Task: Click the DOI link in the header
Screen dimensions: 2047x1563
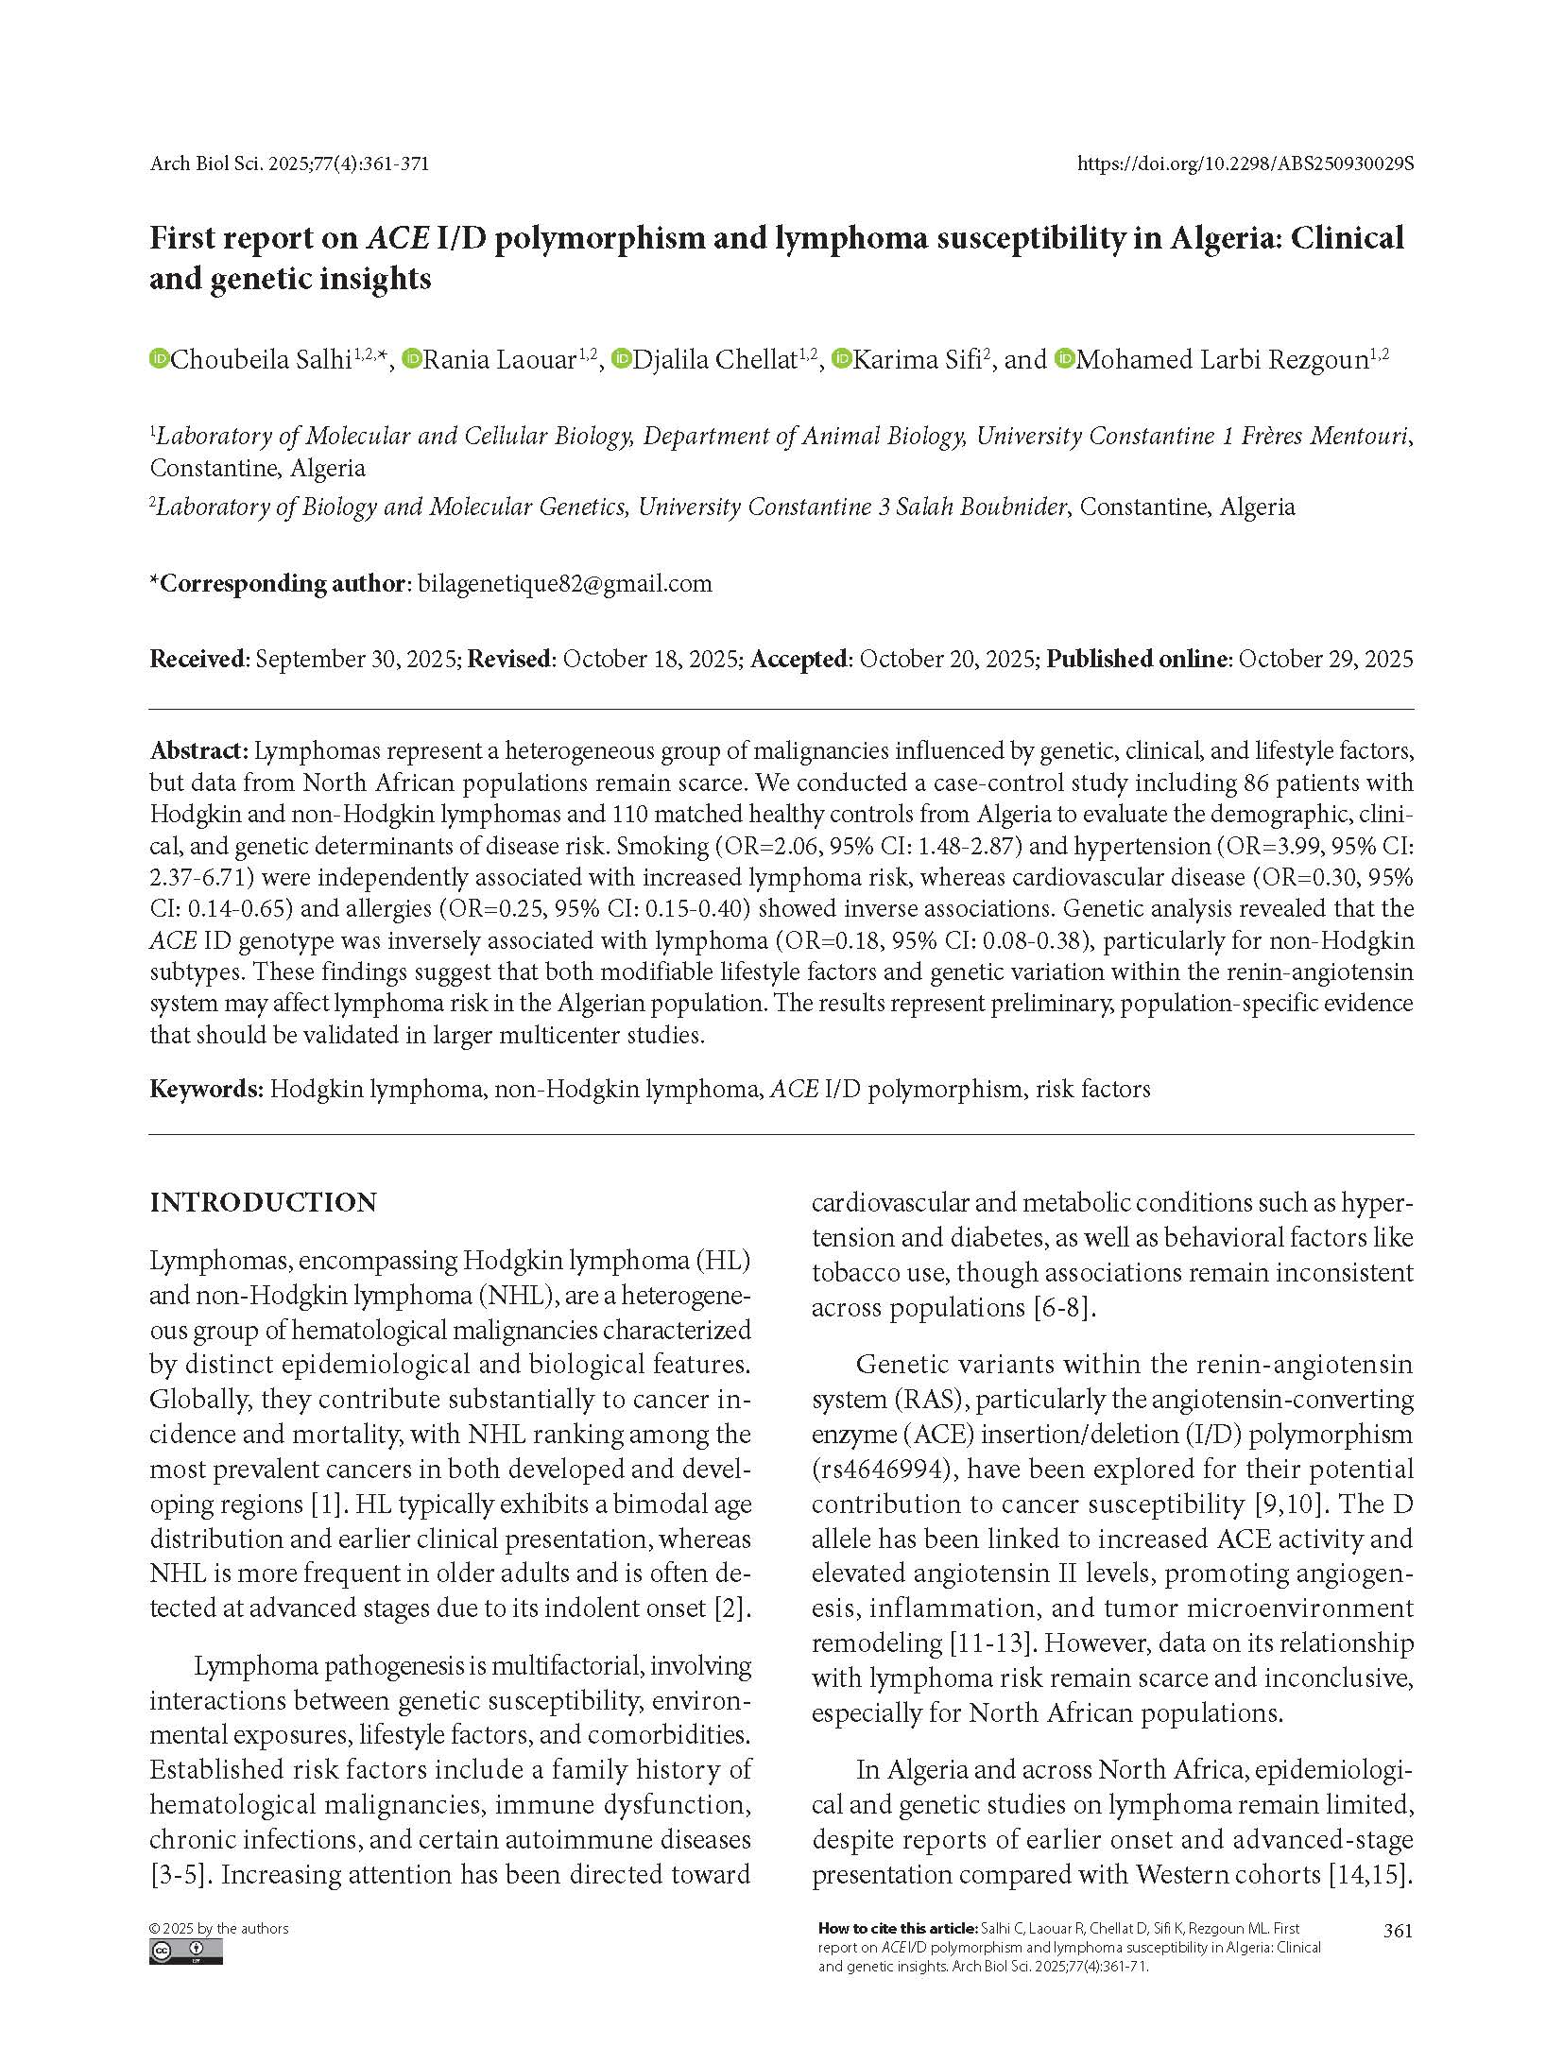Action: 1245,163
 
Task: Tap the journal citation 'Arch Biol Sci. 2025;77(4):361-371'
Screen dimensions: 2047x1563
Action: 289,163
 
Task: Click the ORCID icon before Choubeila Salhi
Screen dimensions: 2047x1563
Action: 159,359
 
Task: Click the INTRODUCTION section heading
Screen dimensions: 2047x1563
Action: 263,1202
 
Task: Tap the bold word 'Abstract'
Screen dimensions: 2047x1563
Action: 198,750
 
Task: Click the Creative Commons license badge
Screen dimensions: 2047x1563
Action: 185,1952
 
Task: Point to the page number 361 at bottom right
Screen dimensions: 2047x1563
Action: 1397,1930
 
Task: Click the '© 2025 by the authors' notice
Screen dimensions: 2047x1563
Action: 218,1929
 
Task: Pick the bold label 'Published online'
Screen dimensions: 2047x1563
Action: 1139,659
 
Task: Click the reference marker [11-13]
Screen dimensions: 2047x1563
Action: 988,1643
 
